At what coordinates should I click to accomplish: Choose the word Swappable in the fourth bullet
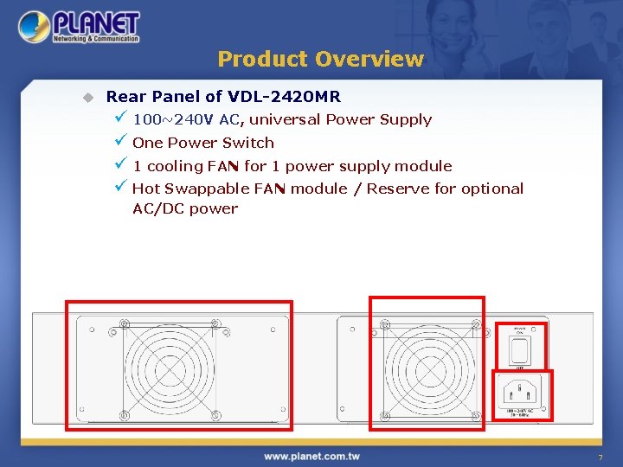(x=206, y=189)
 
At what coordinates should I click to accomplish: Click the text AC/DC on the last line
(x=158, y=208)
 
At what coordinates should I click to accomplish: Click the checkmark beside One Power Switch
(x=120, y=142)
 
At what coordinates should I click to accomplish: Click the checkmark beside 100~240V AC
(x=120, y=118)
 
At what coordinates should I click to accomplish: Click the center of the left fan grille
(x=170, y=369)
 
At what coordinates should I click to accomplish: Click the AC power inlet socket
(x=522, y=389)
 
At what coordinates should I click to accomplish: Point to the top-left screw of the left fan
(x=124, y=326)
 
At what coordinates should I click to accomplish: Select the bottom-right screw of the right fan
(x=475, y=414)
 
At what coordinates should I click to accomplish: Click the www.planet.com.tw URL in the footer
(x=311, y=456)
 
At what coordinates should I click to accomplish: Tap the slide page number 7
(x=599, y=457)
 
